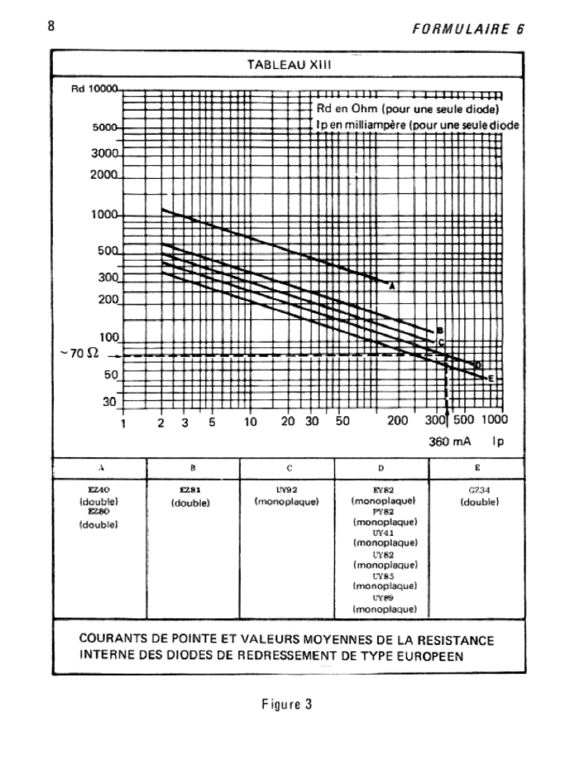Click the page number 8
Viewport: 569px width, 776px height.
click(52, 27)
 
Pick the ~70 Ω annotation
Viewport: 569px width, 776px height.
click(77, 354)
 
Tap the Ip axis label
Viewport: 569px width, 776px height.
click(497, 440)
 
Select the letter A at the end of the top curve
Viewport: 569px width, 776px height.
click(392, 286)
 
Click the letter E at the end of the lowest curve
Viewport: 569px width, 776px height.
click(491, 378)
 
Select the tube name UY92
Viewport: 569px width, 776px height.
click(287, 490)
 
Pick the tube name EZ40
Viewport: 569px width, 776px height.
click(98, 490)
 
